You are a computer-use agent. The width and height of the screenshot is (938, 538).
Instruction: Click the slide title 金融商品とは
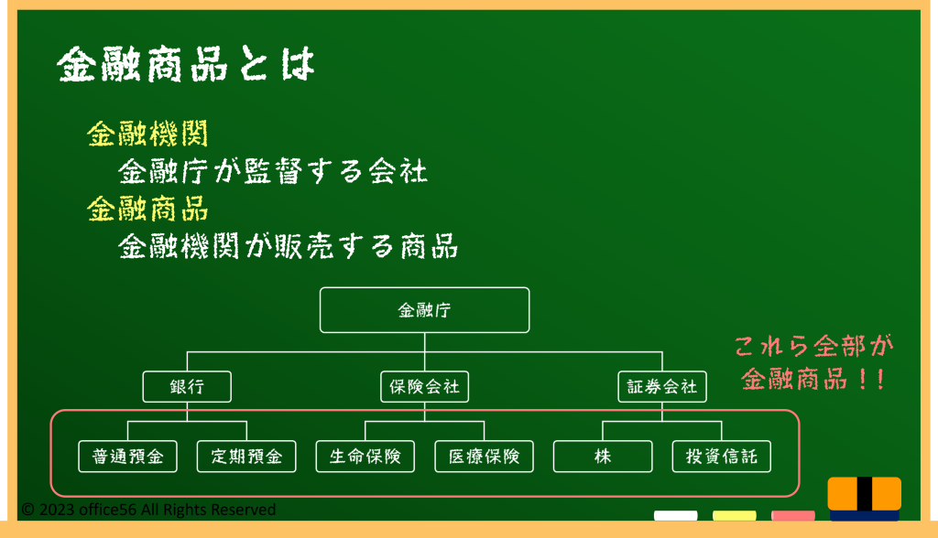tap(185, 64)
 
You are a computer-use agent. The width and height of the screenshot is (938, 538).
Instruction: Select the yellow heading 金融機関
tap(147, 134)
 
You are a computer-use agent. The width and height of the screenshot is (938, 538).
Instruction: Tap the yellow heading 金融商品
tap(147, 210)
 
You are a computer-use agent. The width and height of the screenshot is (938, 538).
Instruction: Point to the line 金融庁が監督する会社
tap(273, 172)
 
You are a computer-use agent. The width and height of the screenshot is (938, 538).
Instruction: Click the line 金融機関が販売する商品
tap(288, 246)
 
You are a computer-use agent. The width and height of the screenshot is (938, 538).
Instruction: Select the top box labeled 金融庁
tap(425, 310)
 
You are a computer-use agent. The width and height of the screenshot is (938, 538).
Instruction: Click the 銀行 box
tap(187, 387)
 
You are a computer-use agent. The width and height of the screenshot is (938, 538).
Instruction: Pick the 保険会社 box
tap(425, 387)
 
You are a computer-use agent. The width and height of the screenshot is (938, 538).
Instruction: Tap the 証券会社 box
tap(662, 387)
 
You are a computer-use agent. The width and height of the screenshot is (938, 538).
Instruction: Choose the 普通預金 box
tap(128, 457)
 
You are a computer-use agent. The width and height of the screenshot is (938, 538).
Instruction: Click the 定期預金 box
tap(246, 457)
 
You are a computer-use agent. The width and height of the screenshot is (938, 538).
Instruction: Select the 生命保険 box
tap(365, 457)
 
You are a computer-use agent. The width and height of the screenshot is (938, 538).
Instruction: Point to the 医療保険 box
tap(484, 457)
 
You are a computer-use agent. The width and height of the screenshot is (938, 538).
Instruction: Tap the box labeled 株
tap(603, 457)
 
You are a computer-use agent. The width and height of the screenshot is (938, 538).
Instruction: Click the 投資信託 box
tap(722, 457)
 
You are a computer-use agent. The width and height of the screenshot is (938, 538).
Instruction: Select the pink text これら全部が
tap(813, 346)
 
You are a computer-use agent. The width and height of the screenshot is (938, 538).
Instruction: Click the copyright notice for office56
tap(148, 510)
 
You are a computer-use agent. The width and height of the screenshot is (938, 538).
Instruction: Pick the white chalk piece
tap(675, 515)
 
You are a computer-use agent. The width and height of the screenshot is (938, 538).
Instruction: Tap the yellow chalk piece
tap(734, 515)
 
